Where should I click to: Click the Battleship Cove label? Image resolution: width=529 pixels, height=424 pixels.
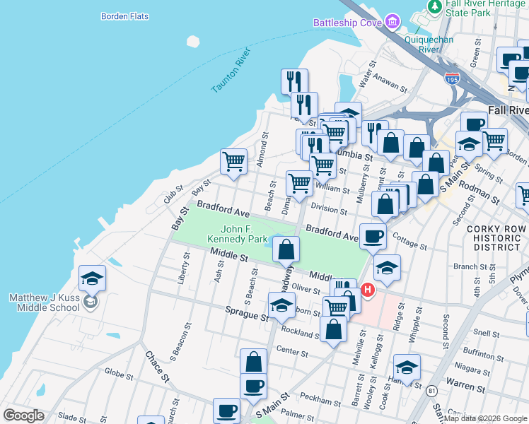click(348, 23)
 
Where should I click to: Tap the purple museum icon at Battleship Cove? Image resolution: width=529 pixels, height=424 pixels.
click(392, 23)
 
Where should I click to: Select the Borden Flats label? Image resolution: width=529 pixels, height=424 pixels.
click(124, 16)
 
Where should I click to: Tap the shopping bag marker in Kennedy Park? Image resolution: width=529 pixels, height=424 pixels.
click(286, 249)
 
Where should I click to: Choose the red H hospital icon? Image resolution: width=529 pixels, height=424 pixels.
click(368, 290)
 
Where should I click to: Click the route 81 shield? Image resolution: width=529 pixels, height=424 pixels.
click(432, 390)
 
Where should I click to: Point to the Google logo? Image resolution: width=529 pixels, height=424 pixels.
click(23, 416)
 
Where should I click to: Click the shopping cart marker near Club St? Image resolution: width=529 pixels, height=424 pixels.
click(233, 160)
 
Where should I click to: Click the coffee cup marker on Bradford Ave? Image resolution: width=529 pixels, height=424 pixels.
click(373, 235)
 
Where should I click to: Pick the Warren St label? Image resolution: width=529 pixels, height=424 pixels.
click(464, 387)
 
